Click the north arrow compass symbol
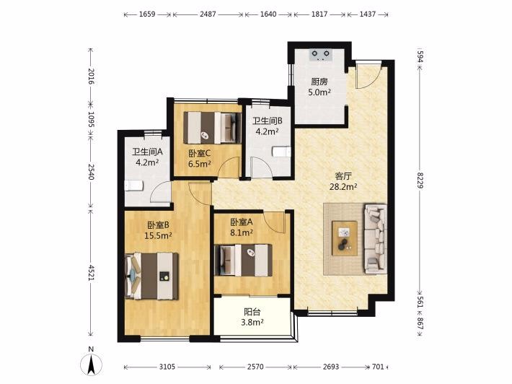[x=91, y=365]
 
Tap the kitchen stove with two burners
[x=320, y=55]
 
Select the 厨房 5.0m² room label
[x=319, y=87]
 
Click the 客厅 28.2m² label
[x=343, y=181]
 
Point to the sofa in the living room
[x=376, y=239]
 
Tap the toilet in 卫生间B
[x=281, y=152]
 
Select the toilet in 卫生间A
[x=133, y=186]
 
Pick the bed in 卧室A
[x=243, y=260]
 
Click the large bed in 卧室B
[x=151, y=276]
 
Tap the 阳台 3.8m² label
[x=252, y=317]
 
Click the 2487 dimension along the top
[x=208, y=14]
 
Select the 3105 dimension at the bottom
[x=167, y=367]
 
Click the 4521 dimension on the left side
[x=91, y=273]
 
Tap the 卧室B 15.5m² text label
[x=159, y=230]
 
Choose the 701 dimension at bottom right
[x=378, y=367]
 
